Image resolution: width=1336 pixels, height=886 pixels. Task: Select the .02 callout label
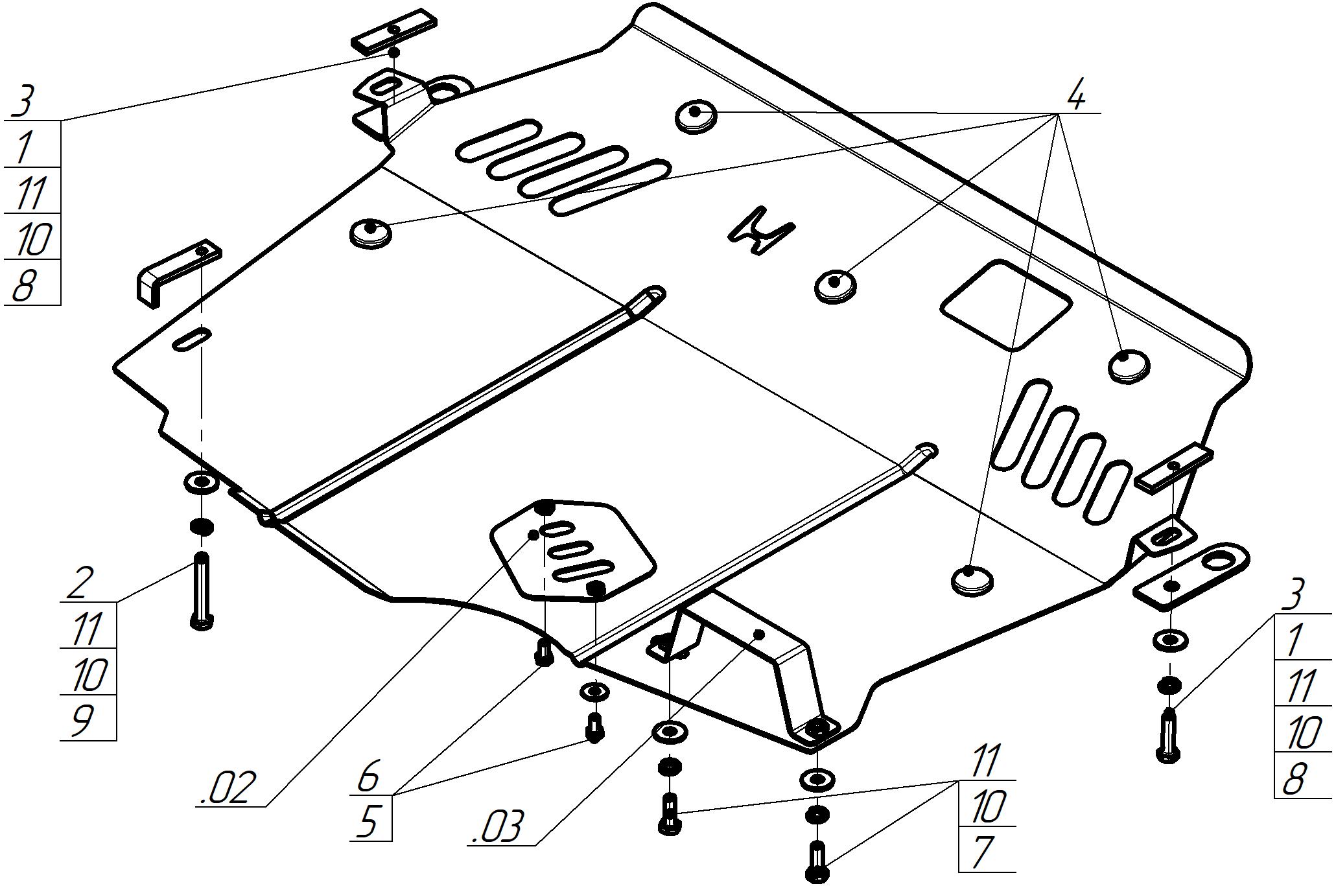click(x=224, y=788)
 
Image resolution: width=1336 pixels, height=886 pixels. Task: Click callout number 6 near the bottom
click(x=368, y=777)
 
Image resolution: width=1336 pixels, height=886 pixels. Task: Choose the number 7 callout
click(x=983, y=852)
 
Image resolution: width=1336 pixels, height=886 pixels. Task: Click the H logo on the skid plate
click(x=761, y=231)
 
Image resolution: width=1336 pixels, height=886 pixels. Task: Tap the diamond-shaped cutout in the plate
click(x=1005, y=305)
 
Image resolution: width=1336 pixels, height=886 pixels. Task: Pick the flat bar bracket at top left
click(x=393, y=31)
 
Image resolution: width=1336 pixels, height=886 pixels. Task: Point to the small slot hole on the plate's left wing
click(x=191, y=340)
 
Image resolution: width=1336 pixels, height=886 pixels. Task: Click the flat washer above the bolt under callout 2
click(x=201, y=482)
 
